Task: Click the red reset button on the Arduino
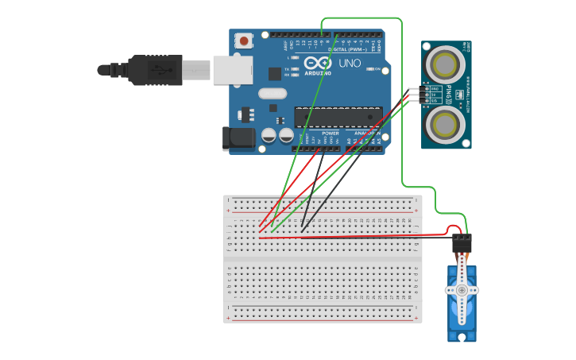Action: pyautogui.click(x=244, y=40)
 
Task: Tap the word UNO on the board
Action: pyautogui.click(x=350, y=63)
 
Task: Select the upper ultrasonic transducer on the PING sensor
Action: pyautogui.click(x=446, y=62)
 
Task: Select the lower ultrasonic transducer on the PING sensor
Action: pyautogui.click(x=446, y=123)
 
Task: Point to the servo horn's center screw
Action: pyautogui.click(x=462, y=290)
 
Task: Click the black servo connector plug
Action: pyautogui.click(x=462, y=242)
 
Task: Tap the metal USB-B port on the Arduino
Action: pyautogui.click(x=232, y=70)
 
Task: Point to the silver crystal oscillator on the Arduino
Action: pyautogui.click(x=272, y=93)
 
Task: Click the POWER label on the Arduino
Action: pyautogui.click(x=331, y=133)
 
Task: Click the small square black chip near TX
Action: pyautogui.click(x=275, y=74)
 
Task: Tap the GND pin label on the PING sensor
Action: pyautogui.click(x=435, y=89)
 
